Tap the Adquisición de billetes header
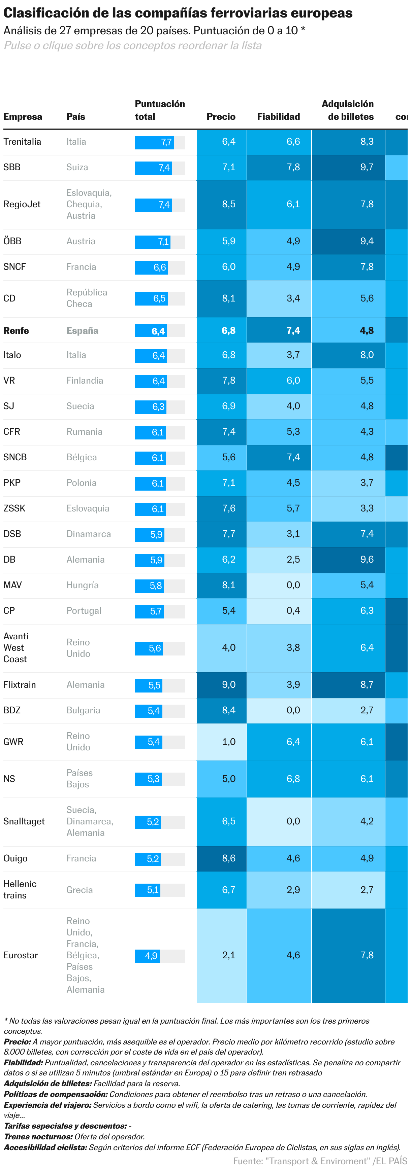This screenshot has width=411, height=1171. (x=348, y=110)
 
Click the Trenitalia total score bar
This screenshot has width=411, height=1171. (x=159, y=142)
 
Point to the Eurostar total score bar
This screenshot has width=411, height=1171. (x=159, y=956)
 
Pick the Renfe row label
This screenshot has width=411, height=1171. (x=16, y=330)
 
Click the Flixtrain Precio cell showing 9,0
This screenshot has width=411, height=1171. (x=222, y=685)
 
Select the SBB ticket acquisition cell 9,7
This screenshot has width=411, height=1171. (x=348, y=167)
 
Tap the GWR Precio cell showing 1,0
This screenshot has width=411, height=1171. (x=222, y=742)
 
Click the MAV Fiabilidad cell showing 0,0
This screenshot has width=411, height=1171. (x=279, y=585)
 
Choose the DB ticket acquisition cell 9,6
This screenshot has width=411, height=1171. (x=348, y=560)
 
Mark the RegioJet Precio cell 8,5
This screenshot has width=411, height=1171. (x=222, y=205)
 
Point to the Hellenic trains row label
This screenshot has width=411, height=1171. (x=20, y=890)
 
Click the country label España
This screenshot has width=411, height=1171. (x=83, y=331)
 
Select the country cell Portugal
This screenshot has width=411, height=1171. (x=84, y=610)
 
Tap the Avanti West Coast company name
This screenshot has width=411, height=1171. (x=16, y=648)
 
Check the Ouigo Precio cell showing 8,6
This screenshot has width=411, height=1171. (x=222, y=858)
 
